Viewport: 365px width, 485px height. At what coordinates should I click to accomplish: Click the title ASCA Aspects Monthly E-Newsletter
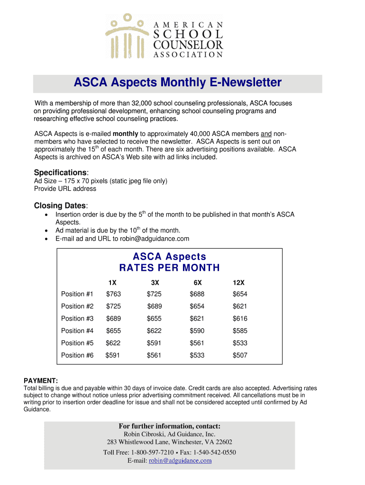coord(177,83)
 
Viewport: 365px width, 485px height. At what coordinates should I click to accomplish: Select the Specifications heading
coord(60,172)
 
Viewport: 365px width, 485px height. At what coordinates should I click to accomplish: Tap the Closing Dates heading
coord(60,206)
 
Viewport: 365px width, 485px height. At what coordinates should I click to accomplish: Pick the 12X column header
coord(238,282)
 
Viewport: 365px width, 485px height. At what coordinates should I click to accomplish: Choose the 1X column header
coord(112,282)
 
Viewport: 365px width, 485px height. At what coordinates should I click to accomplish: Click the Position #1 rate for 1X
coord(113,294)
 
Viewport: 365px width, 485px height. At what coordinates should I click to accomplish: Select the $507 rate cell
coord(240,355)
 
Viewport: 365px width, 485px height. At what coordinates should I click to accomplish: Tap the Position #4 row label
coord(77,331)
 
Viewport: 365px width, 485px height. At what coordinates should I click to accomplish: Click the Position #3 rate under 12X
coord(240,319)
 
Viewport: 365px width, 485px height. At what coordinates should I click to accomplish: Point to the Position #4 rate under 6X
coord(197,331)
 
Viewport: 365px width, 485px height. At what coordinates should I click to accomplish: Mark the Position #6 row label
coord(77,355)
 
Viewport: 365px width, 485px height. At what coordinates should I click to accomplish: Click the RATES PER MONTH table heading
coord(169,268)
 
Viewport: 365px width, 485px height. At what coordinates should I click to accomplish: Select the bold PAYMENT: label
coord(41,381)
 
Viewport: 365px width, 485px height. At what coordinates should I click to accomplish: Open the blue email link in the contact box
coord(180,460)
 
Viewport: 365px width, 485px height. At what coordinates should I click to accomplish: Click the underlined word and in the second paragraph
coord(266,134)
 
